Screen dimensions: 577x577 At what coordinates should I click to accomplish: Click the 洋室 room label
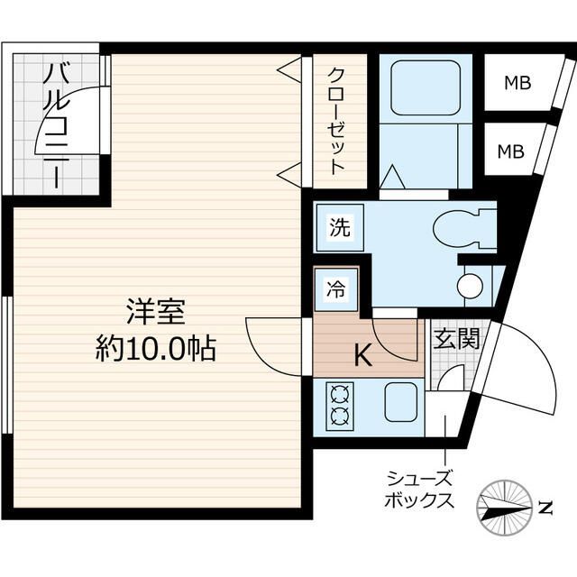155,313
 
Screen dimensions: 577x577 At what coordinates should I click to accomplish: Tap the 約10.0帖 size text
155,349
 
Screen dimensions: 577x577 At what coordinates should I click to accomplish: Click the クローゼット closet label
336,121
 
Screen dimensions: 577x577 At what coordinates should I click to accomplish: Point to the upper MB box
517,84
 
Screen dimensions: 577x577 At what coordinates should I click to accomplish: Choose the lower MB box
512,151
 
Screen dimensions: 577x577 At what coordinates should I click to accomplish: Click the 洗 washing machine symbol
337,228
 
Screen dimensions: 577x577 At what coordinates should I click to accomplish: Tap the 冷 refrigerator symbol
335,289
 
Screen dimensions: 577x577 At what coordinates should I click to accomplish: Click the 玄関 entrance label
455,339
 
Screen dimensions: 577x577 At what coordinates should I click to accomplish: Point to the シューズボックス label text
419,490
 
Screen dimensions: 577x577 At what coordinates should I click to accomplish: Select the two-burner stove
341,404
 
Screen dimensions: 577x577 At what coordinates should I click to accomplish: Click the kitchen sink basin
402,400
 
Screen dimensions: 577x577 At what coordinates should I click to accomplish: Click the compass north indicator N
545,508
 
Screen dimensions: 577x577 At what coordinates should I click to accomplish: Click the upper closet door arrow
288,67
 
